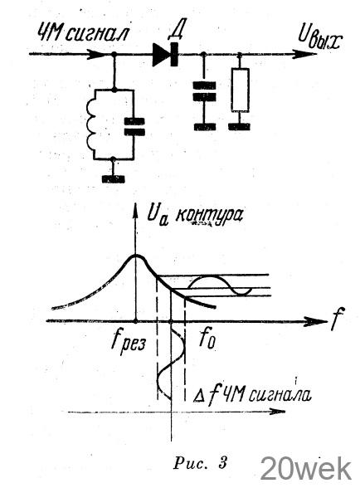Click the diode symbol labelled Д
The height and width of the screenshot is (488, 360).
(165, 55)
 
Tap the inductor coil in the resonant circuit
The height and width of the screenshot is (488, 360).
(91, 124)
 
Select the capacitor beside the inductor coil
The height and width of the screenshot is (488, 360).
(134, 127)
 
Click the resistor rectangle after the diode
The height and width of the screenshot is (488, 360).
(240, 90)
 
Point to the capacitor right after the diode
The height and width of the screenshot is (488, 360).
(204, 91)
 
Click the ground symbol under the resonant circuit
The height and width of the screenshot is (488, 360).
(114, 179)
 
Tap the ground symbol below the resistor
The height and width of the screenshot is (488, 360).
(239, 127)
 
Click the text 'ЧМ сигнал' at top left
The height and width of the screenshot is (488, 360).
(82, 32)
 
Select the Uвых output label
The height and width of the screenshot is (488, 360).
(319, 40)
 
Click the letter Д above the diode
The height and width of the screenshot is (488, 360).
(176, 32)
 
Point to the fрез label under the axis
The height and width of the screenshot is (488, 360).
(128, 342)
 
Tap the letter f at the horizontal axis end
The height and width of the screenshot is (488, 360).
(337, 319)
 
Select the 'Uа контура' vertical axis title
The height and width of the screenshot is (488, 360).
(195, 216)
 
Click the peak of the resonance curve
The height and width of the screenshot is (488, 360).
(136, 256)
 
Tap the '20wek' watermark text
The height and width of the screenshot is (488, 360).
(306, 468)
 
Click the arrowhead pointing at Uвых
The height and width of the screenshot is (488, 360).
(304, 54)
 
